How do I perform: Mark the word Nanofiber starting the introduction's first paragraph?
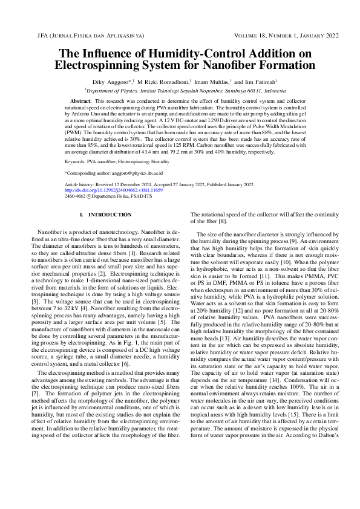point(50,232)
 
